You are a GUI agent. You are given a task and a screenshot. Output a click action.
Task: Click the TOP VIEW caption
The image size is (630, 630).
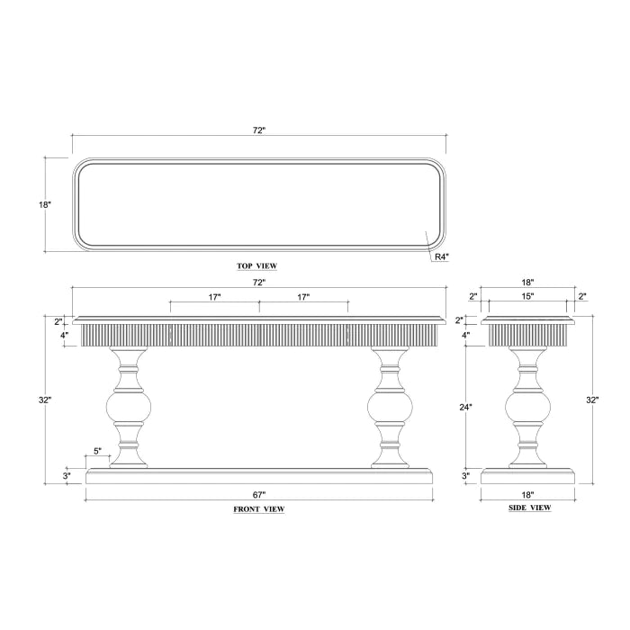(x=256, y=266)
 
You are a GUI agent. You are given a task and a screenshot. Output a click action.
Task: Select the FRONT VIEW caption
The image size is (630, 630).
(x=259, y=509)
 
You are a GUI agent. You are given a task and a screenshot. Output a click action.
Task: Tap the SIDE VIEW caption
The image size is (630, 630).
(x=529, y=508)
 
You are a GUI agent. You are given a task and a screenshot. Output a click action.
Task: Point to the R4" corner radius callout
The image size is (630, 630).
(x=441, y=256)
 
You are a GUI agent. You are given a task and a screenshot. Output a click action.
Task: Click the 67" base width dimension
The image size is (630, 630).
(x=259, y=495)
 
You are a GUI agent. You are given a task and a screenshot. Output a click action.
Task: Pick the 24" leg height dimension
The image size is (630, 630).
(x=465, y=407)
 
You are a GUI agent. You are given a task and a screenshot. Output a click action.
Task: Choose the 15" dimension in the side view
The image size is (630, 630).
(x=527, y=296)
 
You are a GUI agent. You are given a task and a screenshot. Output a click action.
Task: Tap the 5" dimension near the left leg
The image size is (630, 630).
(x=97, y=451)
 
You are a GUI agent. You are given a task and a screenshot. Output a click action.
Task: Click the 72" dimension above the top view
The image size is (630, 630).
(x=259, y=130)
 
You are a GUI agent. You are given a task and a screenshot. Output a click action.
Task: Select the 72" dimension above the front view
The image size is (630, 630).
(x=259, y=283)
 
